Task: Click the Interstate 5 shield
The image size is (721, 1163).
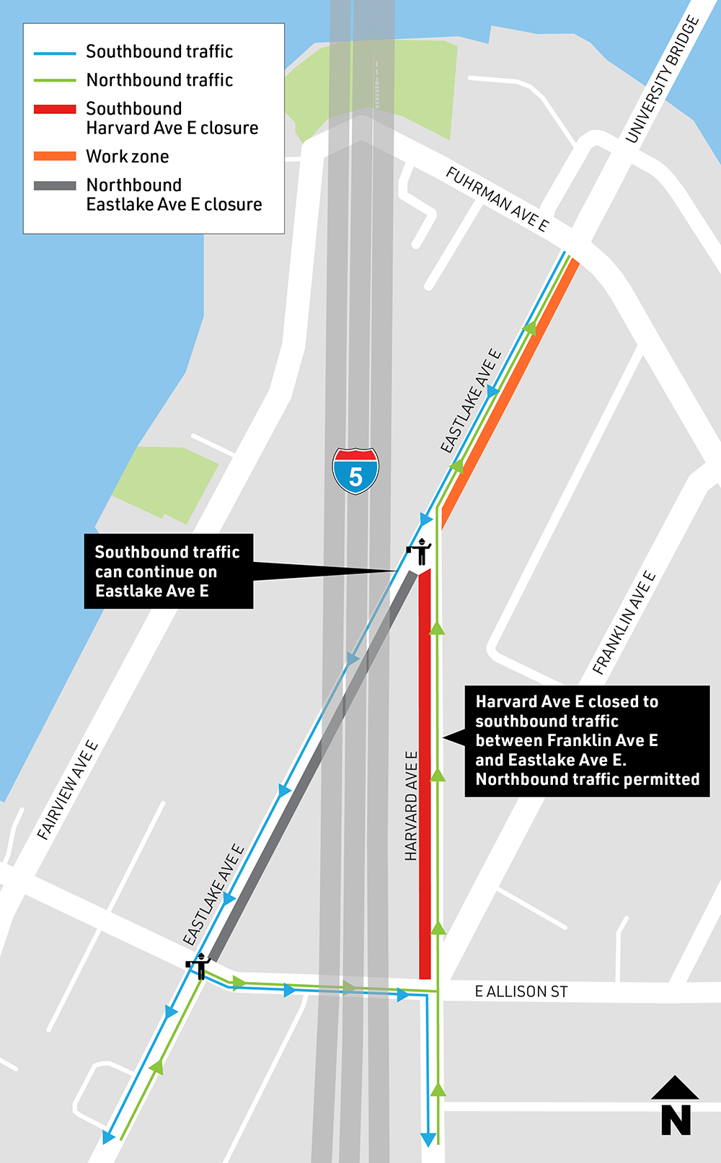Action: tap(355, 471)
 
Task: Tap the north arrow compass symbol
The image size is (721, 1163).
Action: tap(676, 1107)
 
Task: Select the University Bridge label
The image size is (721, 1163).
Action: tap(662, 79)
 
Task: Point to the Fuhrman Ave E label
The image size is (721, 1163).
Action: tap(497, 198)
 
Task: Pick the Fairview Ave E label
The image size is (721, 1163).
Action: tap(68, 790)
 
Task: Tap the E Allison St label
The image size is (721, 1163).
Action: tap(521, 992)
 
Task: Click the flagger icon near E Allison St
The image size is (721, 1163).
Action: tap(198, 965)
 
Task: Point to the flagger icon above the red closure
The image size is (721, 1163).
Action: tap(419, 551)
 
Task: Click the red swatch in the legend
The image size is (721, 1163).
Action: tap(55, 109)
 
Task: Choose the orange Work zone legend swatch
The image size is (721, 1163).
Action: tap(55, 157)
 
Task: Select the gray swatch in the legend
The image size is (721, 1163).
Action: tap(55, 185)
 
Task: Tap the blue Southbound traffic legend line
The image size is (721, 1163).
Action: tap(55, 53)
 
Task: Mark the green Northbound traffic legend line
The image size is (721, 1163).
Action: tap(55, 81)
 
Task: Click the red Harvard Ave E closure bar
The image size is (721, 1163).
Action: tap(425, 772)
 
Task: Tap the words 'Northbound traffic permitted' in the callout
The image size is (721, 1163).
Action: tap(587, 779)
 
